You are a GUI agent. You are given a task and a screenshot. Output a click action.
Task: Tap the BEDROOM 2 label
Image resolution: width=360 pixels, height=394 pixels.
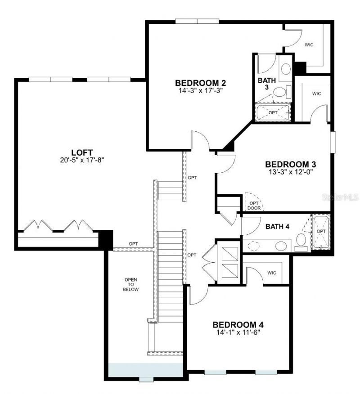click(200, 83)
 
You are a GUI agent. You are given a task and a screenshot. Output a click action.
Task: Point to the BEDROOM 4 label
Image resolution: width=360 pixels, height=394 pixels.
click(238, 325)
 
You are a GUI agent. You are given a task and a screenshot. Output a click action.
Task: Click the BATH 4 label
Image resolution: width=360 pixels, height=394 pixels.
click(277, 226)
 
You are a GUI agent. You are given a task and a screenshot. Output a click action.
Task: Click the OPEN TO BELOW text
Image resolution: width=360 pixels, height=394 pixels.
click(131, 285)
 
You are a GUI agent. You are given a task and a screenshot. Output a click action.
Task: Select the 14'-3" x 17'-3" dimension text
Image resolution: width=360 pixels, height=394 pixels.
click(200, 90)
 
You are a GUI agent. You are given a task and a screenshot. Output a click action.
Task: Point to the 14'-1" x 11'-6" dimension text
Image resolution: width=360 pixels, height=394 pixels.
click(238, 332)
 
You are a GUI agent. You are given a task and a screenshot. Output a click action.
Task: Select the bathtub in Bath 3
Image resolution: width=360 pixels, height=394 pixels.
click(273, 112)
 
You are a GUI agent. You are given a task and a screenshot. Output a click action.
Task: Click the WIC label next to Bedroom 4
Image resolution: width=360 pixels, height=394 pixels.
click(271, 273)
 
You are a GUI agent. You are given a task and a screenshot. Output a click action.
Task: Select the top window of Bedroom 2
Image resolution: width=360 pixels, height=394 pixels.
click(197, 21)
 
